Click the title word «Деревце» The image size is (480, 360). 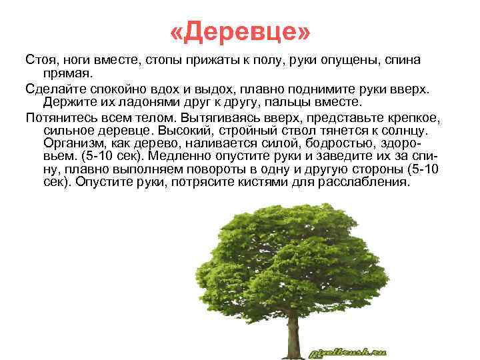[240, 31]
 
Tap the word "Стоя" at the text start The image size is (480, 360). [41, 60]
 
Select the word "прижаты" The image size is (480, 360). [182, 60]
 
